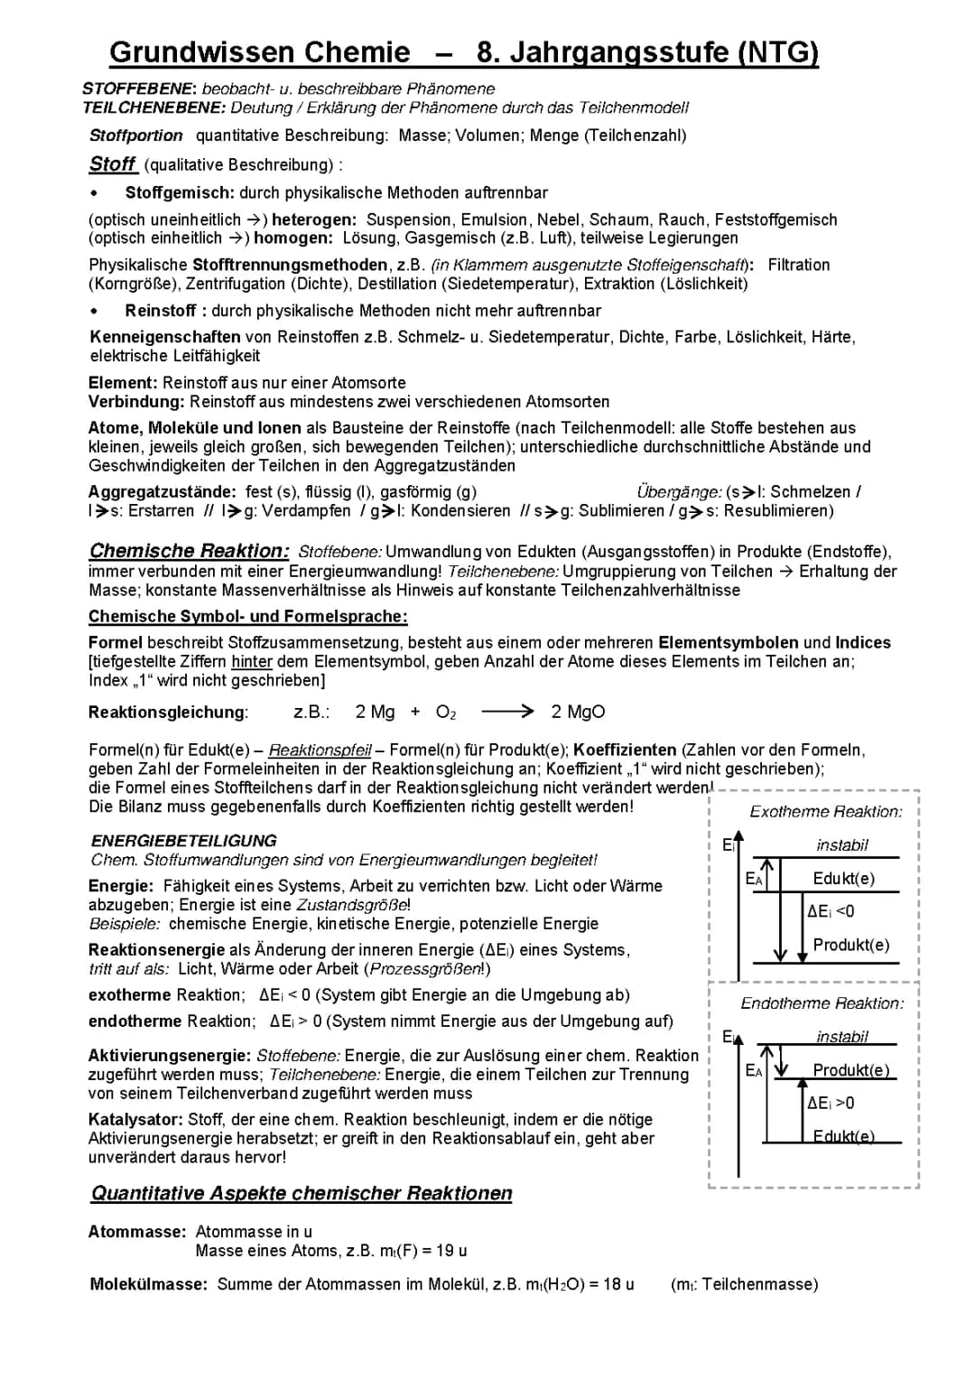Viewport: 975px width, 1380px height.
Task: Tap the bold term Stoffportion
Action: pyautogui.click(x=136, y=135)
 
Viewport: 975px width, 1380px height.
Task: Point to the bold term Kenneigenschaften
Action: pyautogui.click(x=165, y=337)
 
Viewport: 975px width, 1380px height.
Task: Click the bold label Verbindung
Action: pyautogui.click(x=136, y=401)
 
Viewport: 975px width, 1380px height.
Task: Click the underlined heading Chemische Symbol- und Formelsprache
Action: pyautogui.click(x=248, y=616)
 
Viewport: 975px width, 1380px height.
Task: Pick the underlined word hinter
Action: pyautogui.click(x=252, y=661)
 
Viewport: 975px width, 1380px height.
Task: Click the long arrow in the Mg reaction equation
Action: pyautogui.click(x=507, y=712)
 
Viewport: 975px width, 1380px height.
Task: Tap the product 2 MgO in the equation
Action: pyautogui.click(x=578, y=712)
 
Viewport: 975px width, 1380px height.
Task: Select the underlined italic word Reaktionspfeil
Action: pyautogui.click(x=320, y=750)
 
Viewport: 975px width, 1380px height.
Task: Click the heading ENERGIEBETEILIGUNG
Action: pyautogui.click(x=184, y=841)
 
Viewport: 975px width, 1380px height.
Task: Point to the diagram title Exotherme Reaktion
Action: pyautogui.click(x=825, y=812)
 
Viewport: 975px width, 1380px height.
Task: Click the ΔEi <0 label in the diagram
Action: pyautogui.click(x=831, y=911)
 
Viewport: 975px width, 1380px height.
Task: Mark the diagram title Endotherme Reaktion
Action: pyautogui.click(x=822, y=1003)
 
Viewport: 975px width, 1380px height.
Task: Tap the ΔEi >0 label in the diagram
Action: pyautogui.click(x=831, y=1103)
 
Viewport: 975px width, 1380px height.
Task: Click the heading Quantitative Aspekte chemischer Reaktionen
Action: pyautogui.click(x=302, y=1193)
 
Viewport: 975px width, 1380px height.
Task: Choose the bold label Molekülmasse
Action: pyautogui.click(x=149, y=1284)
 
